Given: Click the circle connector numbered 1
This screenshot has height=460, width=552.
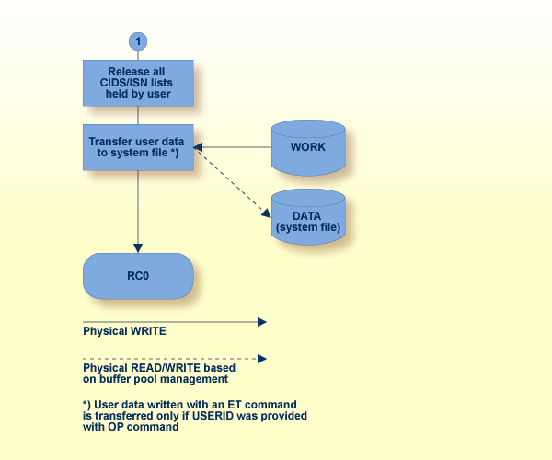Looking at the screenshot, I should click(138, 41).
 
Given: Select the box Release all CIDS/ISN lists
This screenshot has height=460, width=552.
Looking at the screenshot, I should click(138, 83).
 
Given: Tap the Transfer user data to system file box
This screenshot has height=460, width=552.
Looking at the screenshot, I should click(138, 147).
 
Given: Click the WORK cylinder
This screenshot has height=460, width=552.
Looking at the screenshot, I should click(308, 147).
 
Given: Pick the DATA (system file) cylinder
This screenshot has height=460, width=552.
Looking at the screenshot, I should click(308, 216).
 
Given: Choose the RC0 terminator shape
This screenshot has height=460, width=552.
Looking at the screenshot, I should click(138, 276).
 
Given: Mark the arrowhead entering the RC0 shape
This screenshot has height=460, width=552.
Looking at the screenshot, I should click(138, 247).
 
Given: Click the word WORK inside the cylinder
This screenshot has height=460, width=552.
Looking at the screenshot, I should click(308, 147).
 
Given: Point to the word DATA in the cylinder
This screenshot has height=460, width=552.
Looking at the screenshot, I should click(308, 214).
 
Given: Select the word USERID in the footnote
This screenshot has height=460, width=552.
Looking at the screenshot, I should click(236, 416).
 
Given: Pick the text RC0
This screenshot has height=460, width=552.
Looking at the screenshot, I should click(138, 276).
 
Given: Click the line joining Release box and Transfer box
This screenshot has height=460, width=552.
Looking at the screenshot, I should click(138, 115).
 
